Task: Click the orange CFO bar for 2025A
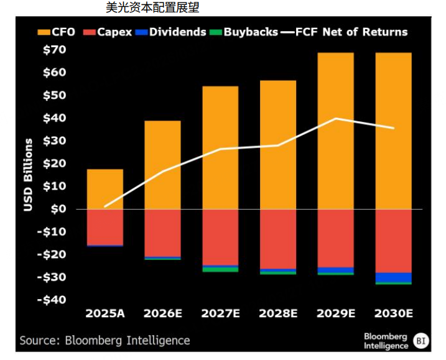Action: pos(105,189)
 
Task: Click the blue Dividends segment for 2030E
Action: pos(393,277)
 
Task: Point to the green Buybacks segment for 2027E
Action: pos(220,269)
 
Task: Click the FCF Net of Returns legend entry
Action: pos(345,32)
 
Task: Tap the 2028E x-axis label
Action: pos(278,313)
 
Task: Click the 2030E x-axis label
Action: pos(393,313)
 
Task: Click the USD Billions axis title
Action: pos(29,175)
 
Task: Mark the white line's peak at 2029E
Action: pos(336,118)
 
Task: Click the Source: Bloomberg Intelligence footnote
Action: pos(105,340)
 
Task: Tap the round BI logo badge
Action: pos(422,340)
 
